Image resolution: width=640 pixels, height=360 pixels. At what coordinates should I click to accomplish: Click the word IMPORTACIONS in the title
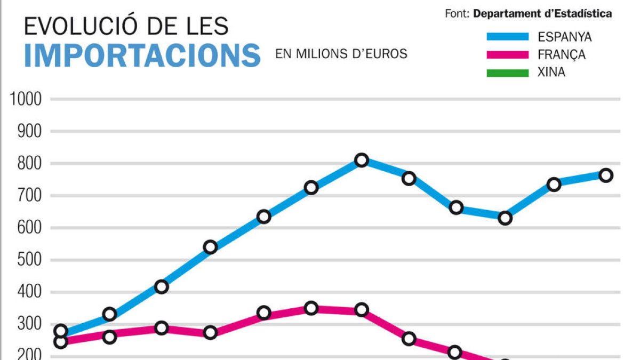tap(142, 55)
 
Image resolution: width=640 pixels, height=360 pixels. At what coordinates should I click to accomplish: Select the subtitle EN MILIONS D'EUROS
tap(341, 54)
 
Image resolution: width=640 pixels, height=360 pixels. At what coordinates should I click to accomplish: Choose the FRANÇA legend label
tap(562, 55)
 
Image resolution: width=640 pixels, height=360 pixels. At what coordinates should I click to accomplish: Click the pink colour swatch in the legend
tap(507, 55)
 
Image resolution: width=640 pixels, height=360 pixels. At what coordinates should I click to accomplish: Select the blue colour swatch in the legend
tap(507, 37)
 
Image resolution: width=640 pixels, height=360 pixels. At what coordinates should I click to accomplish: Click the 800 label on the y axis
tap(30, 164)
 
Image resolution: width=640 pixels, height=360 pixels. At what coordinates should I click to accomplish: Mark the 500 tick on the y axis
tap(30, 260)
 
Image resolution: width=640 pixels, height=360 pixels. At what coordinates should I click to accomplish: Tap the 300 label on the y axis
tap(30, 325)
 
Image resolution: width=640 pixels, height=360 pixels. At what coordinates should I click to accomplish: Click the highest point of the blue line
tap(362, 160)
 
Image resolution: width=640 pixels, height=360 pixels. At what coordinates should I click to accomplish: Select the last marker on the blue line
tap(605, 175)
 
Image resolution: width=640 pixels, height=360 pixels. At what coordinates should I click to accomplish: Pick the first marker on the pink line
tap(61, 342)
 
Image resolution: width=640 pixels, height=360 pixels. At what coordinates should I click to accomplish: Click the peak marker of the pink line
tap(311, 308)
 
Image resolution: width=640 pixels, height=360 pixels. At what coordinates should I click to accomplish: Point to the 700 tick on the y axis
tap(30, 196)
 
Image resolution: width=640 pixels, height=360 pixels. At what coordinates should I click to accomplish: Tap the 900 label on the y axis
tap(30, 131)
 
